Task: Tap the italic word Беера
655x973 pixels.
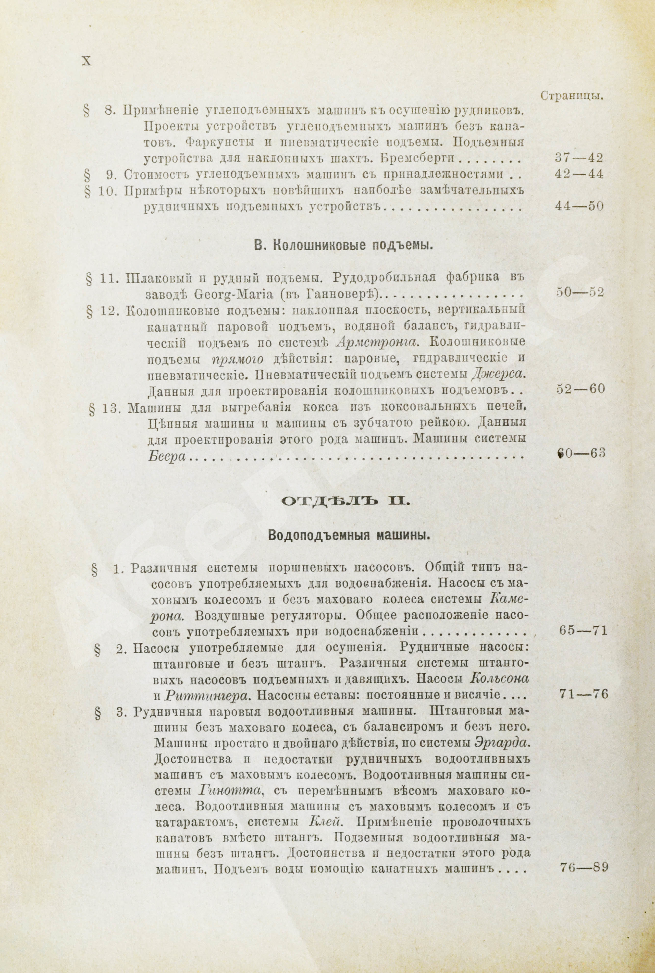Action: click(166, 456)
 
